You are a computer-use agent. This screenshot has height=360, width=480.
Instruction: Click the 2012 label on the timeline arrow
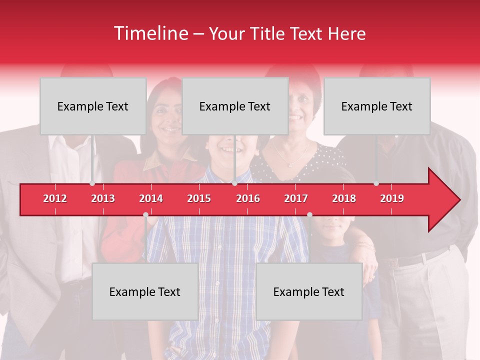pyautogui.click(x=55, y=198)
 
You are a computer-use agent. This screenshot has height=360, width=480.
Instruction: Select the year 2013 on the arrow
pyautogui.click(x=103, y=198)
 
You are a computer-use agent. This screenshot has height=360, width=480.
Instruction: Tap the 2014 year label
pyautogui.click(x=151, y=198)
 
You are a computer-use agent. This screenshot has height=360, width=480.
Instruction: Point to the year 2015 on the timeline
pyautogui.click(x=199, y=198)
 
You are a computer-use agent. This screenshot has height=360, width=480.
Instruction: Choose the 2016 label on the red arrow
pyautogui.click(x=248, y=198)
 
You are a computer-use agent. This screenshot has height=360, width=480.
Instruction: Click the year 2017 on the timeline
pyautogui.click(x=296, y=198)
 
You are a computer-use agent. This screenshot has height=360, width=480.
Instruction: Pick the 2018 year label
pyautogui.click(x=344, y=198)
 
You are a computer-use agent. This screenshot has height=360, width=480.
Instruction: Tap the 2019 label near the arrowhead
pyautogui.click(x=392, y=198)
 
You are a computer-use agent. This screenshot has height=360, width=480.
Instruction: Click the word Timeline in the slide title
pyautogui.click(x=150, y=33)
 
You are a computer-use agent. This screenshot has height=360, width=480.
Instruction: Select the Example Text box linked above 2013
pyautogui.click(x=93, y=106)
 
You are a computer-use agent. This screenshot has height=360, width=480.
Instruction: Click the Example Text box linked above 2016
pyautogui.click(x=235, y=106)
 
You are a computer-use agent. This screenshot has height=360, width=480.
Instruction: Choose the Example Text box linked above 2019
pyautogui.click(x=377, y=106)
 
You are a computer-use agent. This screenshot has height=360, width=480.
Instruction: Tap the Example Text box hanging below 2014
pyautogui.click(x=145, y=292)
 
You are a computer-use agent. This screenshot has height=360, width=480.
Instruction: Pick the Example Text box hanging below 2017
pyautogui.click(x=309, y=292)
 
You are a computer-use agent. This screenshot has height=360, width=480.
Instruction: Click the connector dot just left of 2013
pyautogui.click(x=92, y=183)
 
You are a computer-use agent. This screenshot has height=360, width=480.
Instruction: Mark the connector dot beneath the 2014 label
pyautogui.click(x=145, y=215)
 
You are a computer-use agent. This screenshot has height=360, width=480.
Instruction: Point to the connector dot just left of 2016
pyautogui.click(x=234, y=183)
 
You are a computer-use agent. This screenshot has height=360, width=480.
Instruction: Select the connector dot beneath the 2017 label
pyautogui.click(x=309, y=215)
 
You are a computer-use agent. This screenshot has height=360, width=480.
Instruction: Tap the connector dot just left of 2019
pyautogui.click(x=376, y=183)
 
